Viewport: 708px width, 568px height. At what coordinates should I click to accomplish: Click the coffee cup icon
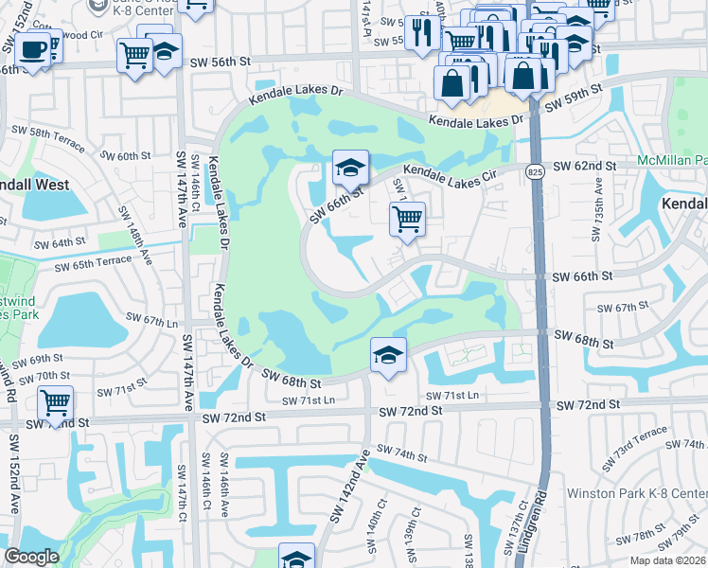coord(34,48)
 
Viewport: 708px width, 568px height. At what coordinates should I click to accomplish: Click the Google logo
coord(31,557)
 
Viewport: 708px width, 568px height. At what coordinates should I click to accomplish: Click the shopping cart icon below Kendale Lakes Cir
coord(407,219)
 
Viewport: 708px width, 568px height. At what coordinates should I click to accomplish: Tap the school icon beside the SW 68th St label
coord(388,355)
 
